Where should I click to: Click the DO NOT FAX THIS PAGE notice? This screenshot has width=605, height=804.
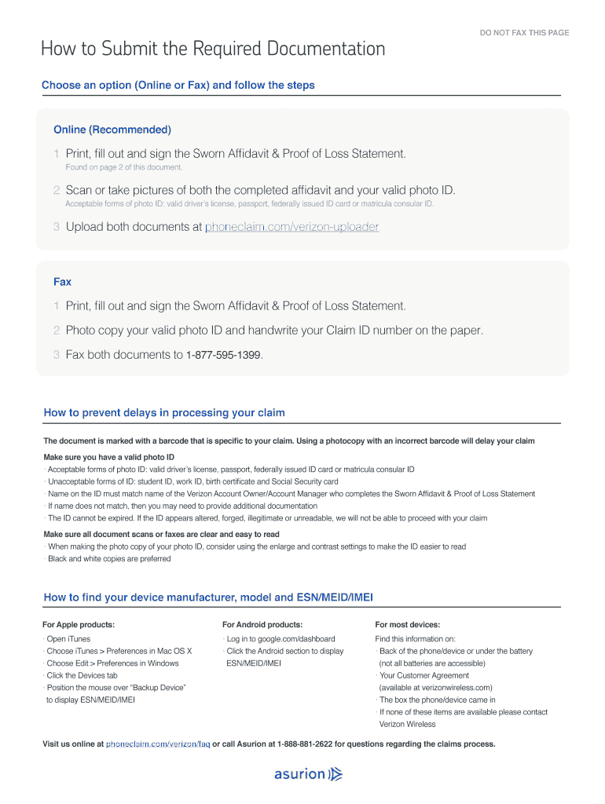(524, 33)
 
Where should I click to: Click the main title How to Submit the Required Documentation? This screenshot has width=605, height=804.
(213, 49)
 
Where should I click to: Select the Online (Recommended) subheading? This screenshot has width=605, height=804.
(112, 130)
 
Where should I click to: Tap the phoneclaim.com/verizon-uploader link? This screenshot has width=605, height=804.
(291, 227)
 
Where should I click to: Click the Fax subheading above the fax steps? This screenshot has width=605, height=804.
(62, 282)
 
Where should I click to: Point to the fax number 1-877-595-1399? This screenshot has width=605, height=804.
(223, 355)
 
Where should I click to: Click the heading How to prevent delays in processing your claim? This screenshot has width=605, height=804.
(164, 413)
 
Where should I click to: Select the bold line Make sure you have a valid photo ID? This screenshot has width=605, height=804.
(108, 457)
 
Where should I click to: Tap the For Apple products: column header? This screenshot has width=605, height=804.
(79, 625)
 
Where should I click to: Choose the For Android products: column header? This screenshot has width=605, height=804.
(263, 625)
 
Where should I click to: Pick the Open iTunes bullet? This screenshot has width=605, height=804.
(68, 639)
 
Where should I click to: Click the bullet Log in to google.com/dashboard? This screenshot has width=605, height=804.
(280, 639)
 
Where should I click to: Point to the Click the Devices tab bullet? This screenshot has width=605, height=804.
(82, 675)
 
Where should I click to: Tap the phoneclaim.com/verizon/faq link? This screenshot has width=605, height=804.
(158, 744)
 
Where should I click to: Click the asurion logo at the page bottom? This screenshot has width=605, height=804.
(308, 775)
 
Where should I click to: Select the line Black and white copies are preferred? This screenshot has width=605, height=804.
(109, 559)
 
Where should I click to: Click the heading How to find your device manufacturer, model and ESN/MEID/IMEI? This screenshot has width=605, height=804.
(208, 598)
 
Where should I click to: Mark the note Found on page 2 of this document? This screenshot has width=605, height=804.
(123, 167)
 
